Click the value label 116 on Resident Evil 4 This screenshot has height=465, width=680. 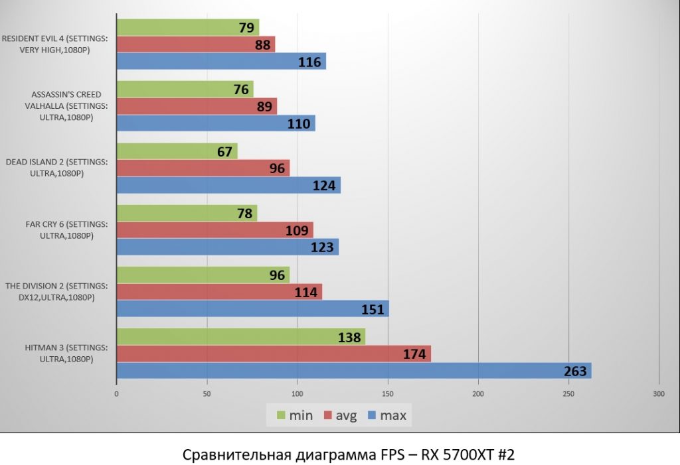click(x=309, y=62)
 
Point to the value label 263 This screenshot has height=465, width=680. click(x=575, y=371)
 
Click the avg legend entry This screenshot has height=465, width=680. click(x=340, y=416)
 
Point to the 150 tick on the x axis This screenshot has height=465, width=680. click(x=388, y=393)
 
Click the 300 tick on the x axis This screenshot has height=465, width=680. click(x=658, y=393)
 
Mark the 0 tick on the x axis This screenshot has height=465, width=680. click(x=117, y=393)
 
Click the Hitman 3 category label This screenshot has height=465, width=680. click(x=56, y=353)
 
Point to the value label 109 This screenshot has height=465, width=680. click(x=297, y=231)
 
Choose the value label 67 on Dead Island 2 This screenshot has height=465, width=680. click(x=224, y=152)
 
